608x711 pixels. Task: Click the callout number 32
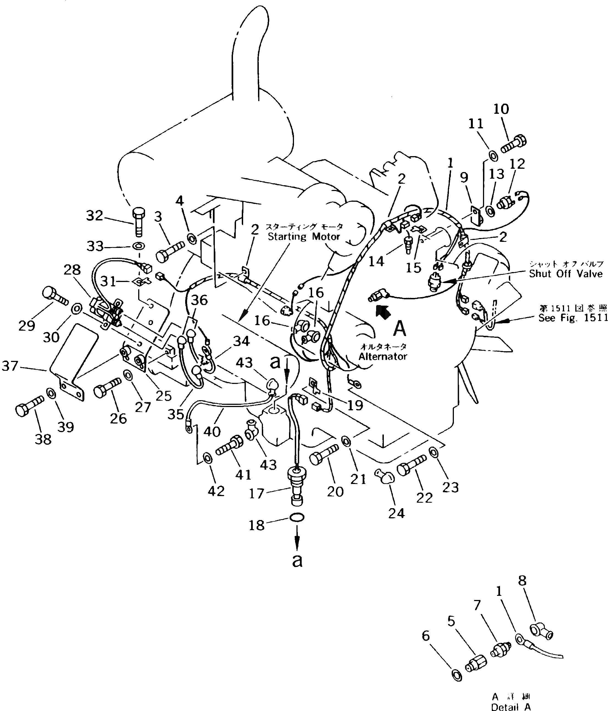pyautogui.click(x=94, y=215)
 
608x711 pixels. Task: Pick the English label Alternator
pyautogui.click(x=382, y=356)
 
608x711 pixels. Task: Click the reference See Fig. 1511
pyautogui.click(x=573, y=318)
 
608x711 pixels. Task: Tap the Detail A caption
pyautogui.click(x=510, y=707)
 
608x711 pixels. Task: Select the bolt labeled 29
pyautogui.click(x=55, y=296)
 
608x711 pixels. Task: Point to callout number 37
pyautogui.click(x=10, y=366)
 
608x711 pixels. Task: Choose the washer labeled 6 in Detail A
pyautogui.click(x=457, y=676)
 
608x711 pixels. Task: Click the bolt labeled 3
pyautogui.click(x=170, y=251)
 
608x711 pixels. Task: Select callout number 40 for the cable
pyautogui.click(x=212, y=431)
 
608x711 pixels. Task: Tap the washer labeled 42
pyautogui.click(x=207, y=458)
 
